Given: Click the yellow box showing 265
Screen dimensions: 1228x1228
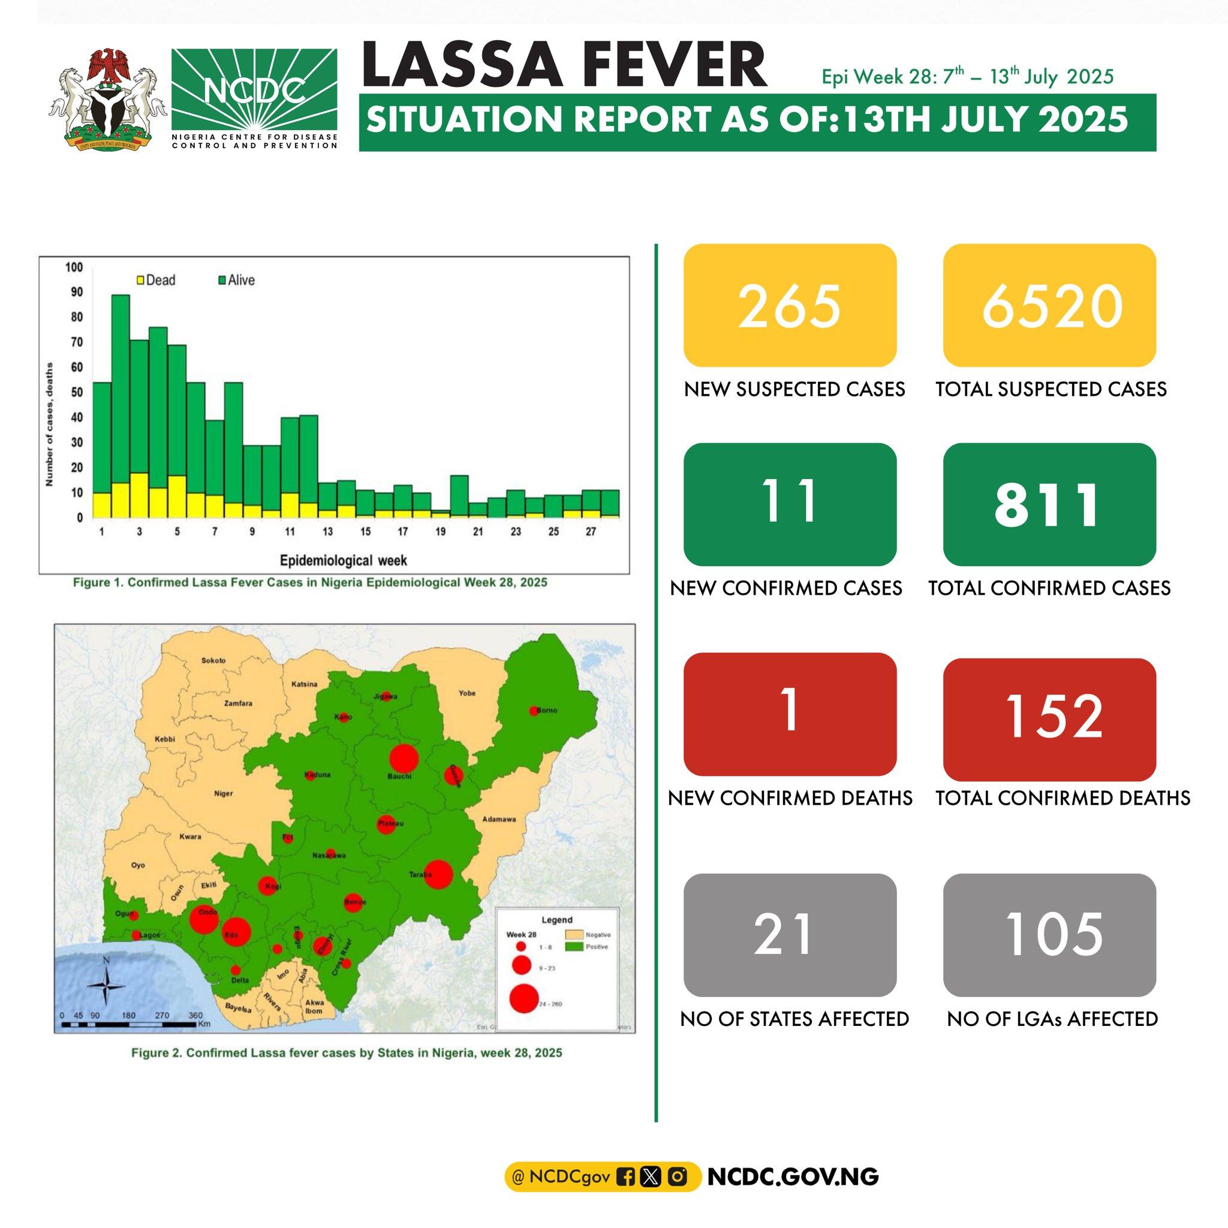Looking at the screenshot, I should pyautogui.click(x=790, y=305).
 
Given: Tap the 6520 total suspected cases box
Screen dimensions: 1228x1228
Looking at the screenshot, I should pyautogui.click(x=1049, y=305).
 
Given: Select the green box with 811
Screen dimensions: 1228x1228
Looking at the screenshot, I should pyautogui.click(x=1049, y=504).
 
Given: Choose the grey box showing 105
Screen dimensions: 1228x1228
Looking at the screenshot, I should pyautogui.click(x=1049, y=934).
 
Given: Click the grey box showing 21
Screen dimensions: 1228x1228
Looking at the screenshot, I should pyautogui.click(x=790, y=934).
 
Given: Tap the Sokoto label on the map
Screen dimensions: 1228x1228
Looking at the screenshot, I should pyautogui.click(x=213, y=660).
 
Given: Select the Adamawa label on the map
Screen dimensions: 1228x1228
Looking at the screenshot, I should pyautogui.click(x=499, y=819).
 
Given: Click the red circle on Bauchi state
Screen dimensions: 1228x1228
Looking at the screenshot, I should pyautogui.click(x=403, y=759).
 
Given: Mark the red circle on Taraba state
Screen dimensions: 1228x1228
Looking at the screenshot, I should pyautogui.click(x=438, y=875).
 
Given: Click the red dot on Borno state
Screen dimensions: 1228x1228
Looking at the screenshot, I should pyautogui.click(x=533, y=711).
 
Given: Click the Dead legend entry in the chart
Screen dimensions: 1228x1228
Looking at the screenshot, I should pyautogui.click(x=156, y=280).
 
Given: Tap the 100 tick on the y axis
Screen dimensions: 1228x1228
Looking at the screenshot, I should pyautogui.click(x=74, y=267).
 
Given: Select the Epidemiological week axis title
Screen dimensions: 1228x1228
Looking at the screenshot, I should pyautogui.click(x=343, y=561).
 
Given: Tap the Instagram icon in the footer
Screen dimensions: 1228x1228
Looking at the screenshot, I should pyautogui.click(x=678, y=1177).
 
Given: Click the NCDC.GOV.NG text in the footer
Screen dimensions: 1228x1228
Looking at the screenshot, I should pyautogui.click(x=793, y=1177).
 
